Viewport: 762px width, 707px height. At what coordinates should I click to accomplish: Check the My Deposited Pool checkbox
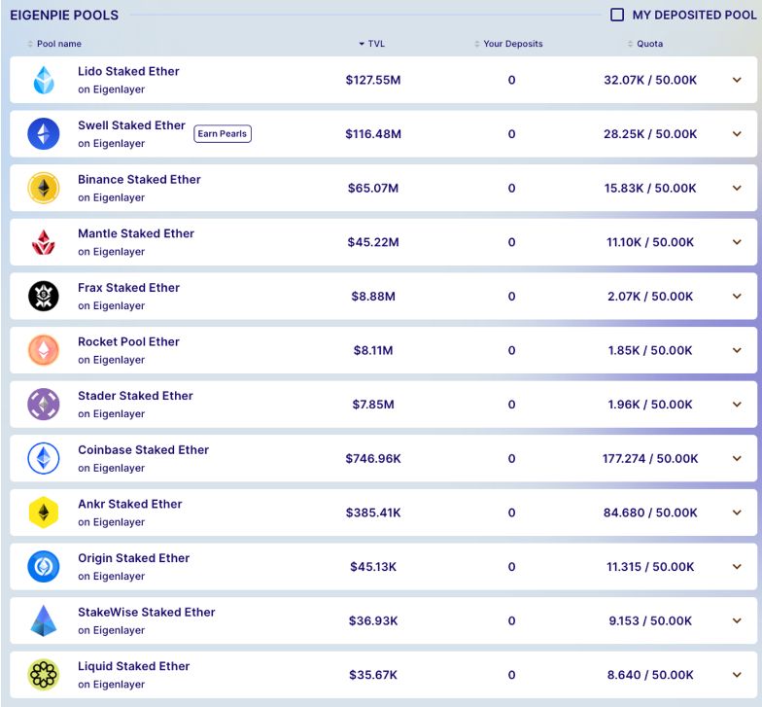(x=617, y=15)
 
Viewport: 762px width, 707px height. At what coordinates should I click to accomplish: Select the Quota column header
(x=649, y=44)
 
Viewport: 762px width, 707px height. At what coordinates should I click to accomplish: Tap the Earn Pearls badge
(x=223, y=133)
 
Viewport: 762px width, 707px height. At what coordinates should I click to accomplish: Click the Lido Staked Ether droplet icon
(x=44, y=80)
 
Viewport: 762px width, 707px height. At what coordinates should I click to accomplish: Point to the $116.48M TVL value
(x=373, y=134)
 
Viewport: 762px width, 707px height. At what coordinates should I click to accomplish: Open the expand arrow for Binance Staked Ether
(x=737, y=188)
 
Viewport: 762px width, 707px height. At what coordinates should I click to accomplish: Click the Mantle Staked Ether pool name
(x=136, y=233)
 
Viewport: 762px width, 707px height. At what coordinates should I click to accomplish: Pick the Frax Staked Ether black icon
(x=44, y=296)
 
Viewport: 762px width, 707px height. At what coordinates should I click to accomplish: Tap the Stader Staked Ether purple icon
(x=44, y=404)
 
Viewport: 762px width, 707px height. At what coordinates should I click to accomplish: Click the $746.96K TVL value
(x=373, y=458)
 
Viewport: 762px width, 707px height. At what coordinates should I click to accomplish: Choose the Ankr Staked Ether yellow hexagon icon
(x=44, y=512)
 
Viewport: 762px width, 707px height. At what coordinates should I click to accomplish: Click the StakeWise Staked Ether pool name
(x=147, y=612)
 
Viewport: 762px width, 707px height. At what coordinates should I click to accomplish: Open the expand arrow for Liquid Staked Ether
(x=737, y=674)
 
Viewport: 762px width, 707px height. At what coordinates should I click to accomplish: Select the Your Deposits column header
(x=512, y=44)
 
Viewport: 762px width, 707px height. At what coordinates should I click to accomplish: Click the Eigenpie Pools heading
(x=64, y=15)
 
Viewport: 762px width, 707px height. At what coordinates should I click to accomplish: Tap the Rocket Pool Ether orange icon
(x=44, y=350)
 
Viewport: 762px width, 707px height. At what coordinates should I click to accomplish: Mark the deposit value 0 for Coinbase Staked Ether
(x=512, y=458)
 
